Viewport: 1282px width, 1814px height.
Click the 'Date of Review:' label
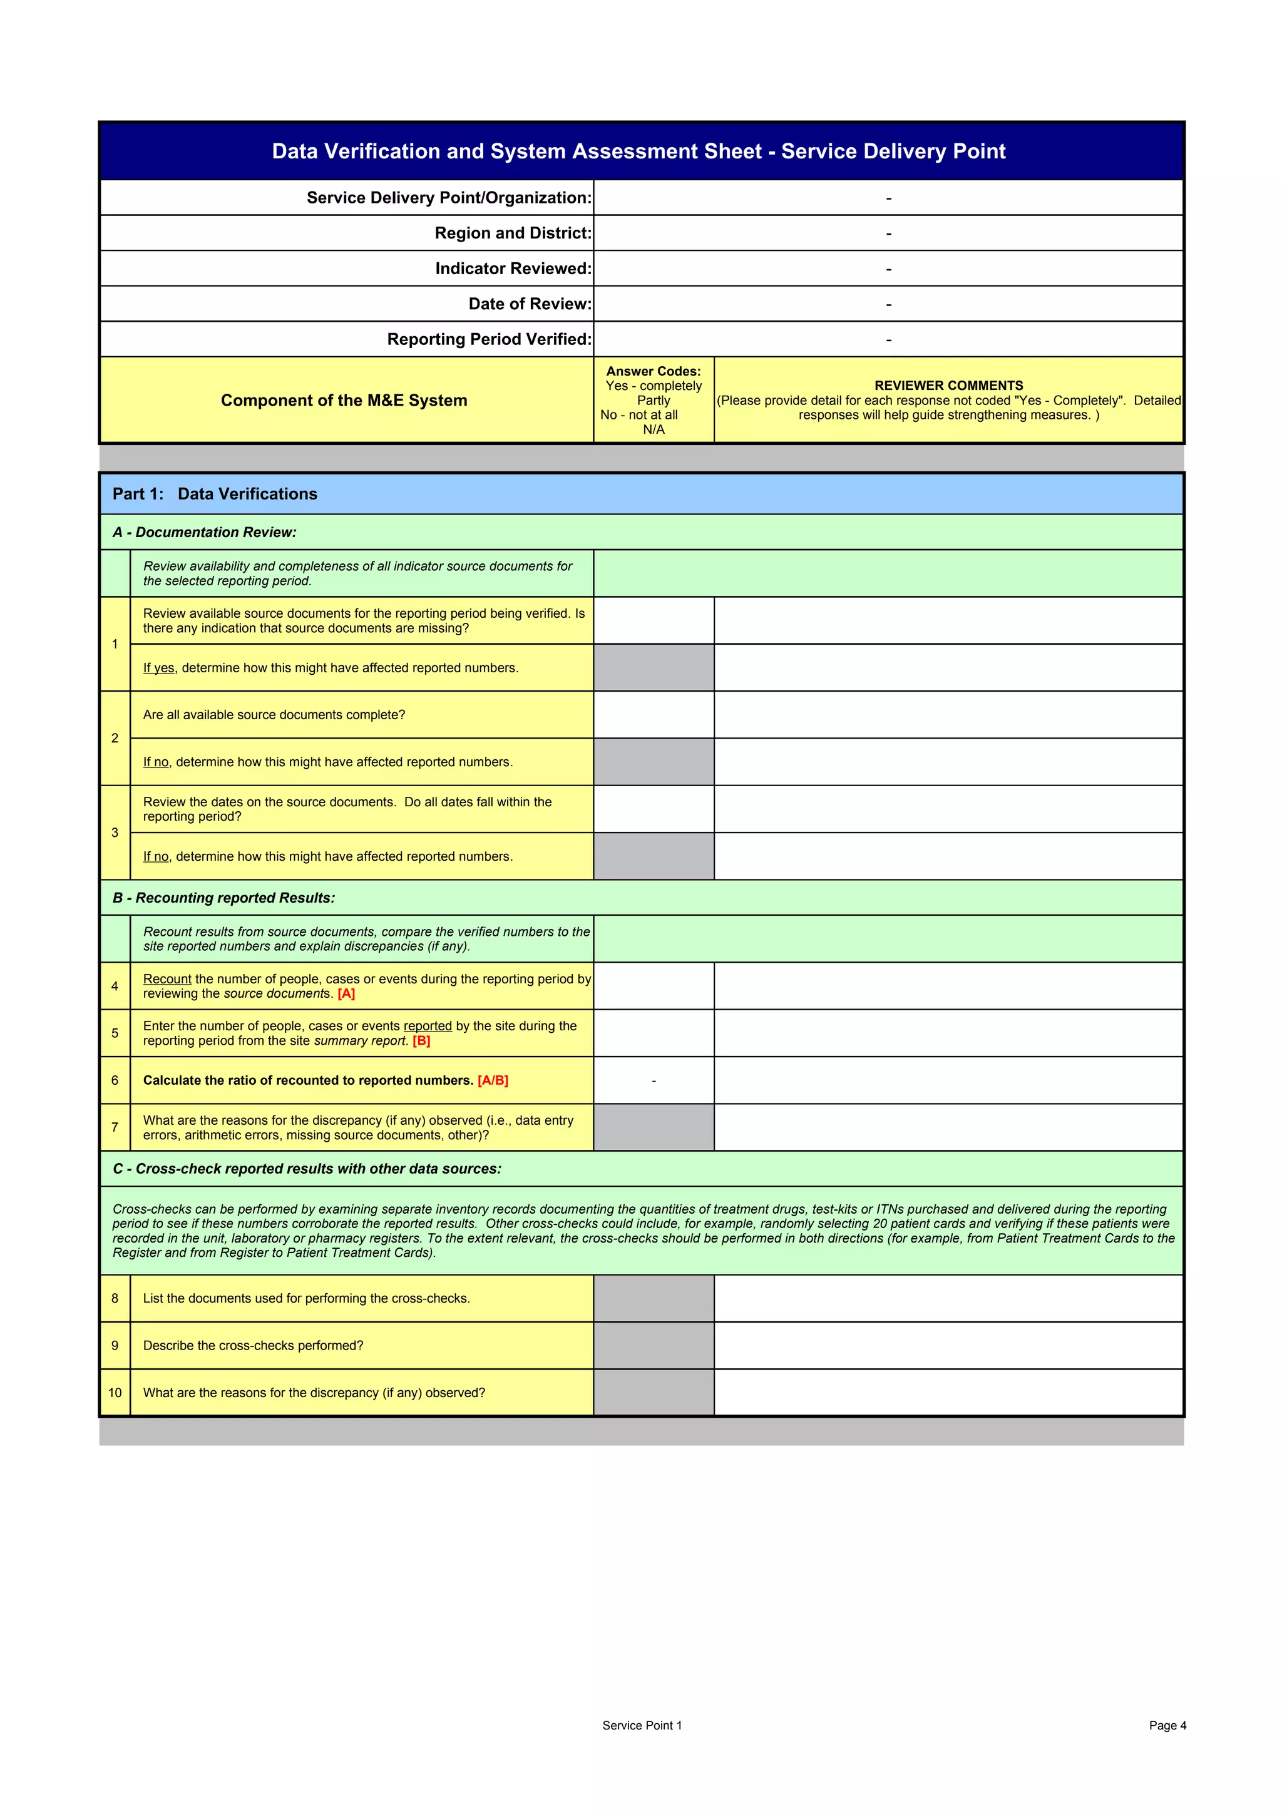click(529, 304)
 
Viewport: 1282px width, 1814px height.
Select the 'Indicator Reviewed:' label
click(513, 269)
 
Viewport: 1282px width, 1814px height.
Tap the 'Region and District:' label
click(513, 233)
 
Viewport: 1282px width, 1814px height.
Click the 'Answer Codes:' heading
click(654, 371)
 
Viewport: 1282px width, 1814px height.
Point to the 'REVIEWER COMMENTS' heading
click(948, 386)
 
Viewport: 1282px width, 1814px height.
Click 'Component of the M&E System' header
click(344, 401)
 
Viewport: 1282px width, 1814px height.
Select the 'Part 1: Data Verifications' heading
click(215, 494)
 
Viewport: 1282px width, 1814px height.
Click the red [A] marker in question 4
click(346, 994)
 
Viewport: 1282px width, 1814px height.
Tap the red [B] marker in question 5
click(421, 1042)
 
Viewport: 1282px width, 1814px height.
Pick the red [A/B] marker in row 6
click(493, 1081)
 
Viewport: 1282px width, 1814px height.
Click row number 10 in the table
click(115, 1393)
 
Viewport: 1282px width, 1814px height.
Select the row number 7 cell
click(115, 1127)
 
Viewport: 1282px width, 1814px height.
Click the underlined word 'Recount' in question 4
click(167, 979)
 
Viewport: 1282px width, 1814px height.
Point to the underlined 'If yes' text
click(158, 669)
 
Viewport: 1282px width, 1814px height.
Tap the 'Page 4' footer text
click(1167, 1726)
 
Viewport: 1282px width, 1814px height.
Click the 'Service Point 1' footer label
click(642, 1726)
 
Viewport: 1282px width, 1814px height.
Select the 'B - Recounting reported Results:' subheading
click(223, 898)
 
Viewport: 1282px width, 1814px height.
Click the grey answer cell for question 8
click(654, 1298)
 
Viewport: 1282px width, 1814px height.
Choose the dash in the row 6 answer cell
click(654, 1081)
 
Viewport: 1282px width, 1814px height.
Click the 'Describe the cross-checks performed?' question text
click(253, 1346)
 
